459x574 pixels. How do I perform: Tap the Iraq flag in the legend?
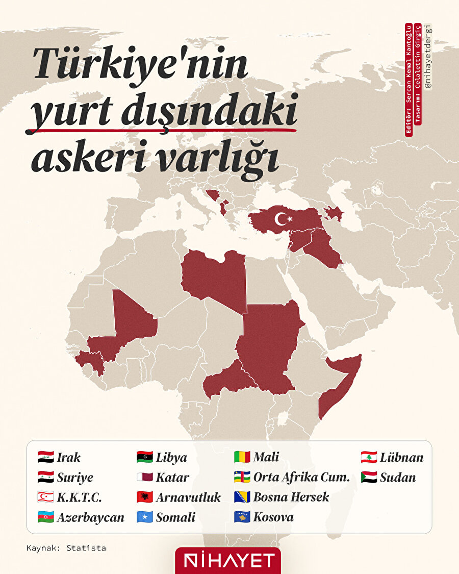click(x=45, y=457)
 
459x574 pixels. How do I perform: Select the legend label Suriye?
click(x=75, y=478)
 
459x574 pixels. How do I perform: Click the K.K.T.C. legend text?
click(x=79, y=497)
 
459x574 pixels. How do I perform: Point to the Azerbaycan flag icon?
click(x=45, y=517)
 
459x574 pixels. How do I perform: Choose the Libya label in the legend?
click(x=171, y=458)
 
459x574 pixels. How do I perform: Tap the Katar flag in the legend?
click(x=144, y=478)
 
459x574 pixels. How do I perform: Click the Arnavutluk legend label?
click(x=188, y=497)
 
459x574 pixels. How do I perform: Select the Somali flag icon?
click(x=144, y=517)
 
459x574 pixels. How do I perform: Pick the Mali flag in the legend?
click(x=242, y=457)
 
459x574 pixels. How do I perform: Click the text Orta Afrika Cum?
click(x=301, y=478)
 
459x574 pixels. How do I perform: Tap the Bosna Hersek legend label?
click(x=291, y=497)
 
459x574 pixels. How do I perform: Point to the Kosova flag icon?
click(x=242, y=517)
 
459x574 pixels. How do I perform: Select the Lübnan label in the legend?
click(x=401, y=457)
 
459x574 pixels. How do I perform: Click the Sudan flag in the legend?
click(x=369, y=478)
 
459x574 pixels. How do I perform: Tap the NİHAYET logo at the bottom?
click(x=228, y=561)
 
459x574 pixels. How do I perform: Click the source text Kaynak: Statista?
click(x=66, y=548)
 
